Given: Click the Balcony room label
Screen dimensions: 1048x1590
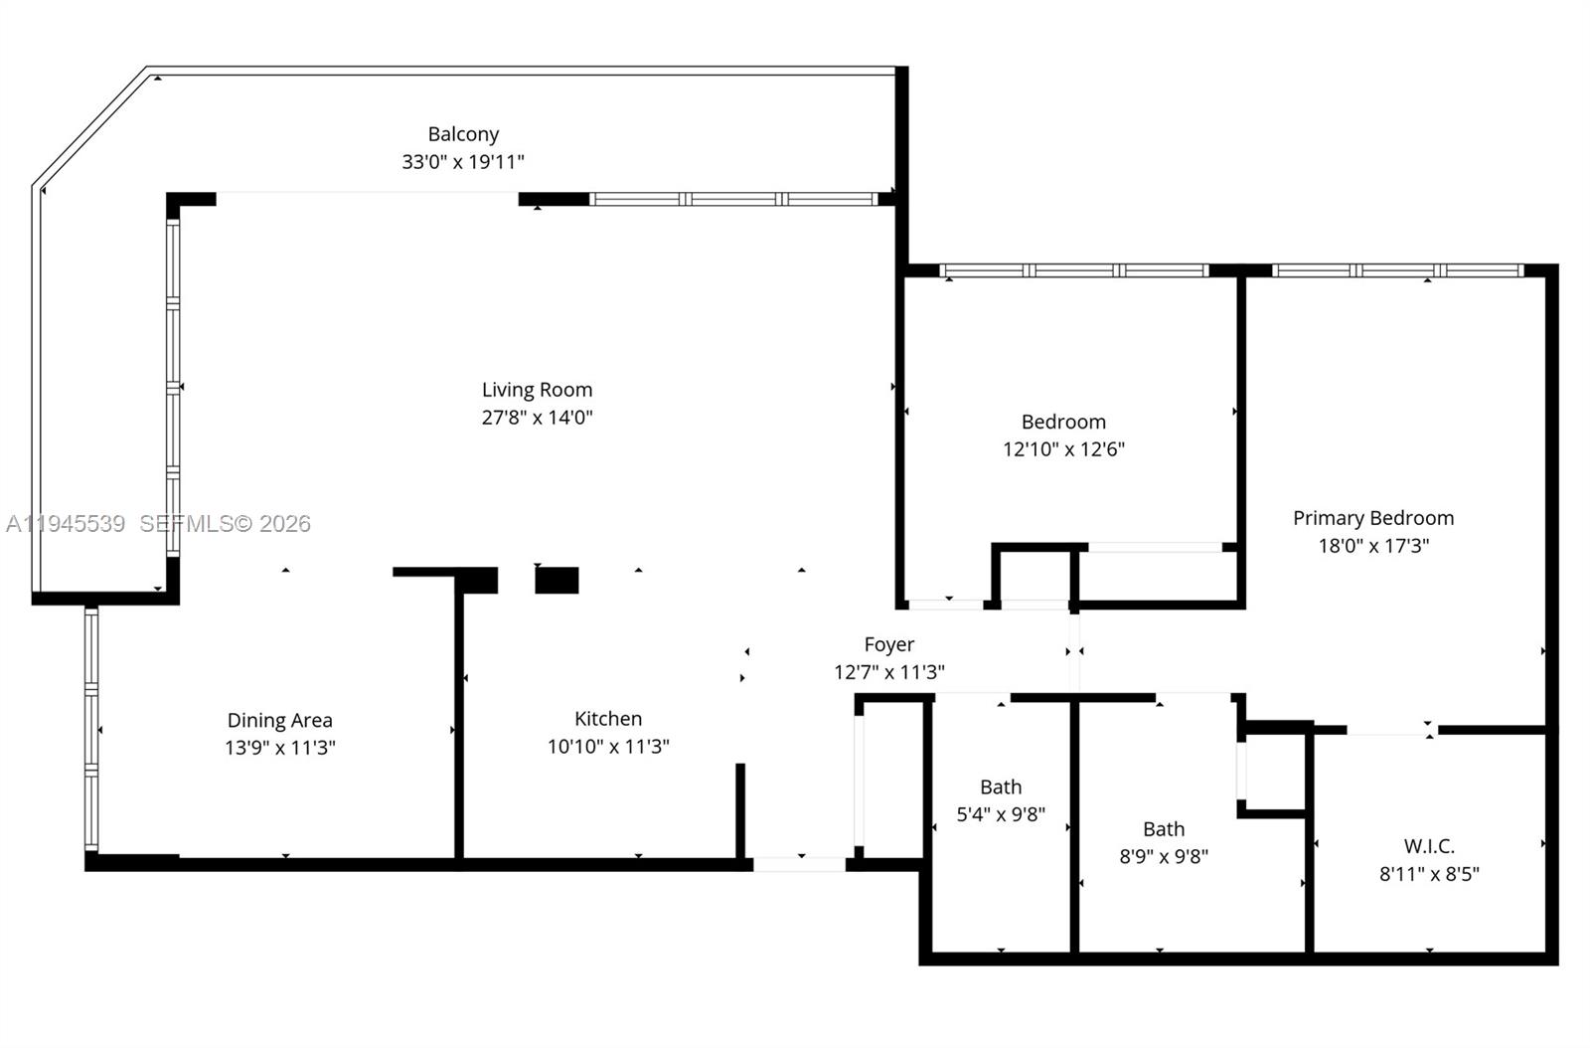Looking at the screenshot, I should click(463, 133).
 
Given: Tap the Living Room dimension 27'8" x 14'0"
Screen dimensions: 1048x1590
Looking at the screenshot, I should click(537, 418).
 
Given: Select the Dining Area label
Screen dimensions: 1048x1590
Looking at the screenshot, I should click(279, 720).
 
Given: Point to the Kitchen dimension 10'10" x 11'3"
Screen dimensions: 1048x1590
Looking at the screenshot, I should click(608, 747).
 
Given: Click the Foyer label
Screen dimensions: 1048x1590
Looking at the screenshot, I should click(888, 644).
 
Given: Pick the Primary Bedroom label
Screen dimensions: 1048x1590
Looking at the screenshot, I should click(1372, 518).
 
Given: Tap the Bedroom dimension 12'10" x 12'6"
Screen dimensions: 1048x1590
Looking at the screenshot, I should click(1063, 449).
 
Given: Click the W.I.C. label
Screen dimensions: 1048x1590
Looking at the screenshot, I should click(1429, 846).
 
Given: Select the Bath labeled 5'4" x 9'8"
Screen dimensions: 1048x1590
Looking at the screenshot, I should click(1001, 800).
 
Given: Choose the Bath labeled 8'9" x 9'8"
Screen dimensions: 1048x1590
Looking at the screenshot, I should click(1164, 842).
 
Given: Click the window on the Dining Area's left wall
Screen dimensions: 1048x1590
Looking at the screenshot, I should click(91, 731).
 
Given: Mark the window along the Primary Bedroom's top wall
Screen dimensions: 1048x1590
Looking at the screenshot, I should click(1396, 270).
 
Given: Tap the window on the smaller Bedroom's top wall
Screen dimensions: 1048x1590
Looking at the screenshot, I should click(1073, 270).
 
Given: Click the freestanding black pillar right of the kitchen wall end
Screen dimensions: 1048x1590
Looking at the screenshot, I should click(556, 580).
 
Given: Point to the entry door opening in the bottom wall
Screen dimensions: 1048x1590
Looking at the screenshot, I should click(799, 864).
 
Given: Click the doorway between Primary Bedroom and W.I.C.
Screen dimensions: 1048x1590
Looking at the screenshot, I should click(1391, 731).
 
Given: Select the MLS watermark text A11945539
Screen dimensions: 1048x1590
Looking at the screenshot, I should click(66, 524).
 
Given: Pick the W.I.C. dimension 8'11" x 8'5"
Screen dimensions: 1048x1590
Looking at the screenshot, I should click(1429, 874).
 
